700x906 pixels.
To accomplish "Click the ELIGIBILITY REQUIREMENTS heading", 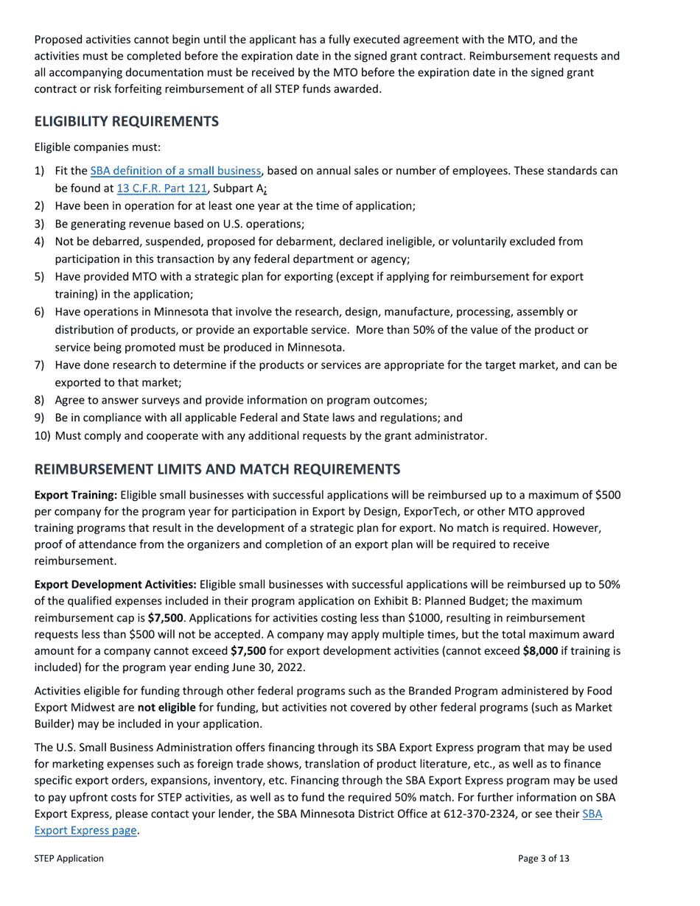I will coord(126,122).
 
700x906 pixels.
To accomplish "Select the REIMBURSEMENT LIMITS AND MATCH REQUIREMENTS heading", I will coord(217,468).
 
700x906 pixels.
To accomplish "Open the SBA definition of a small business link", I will coord(175,171).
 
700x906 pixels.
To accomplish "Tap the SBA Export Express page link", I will coord(86,830).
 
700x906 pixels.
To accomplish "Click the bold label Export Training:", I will coord(75,495).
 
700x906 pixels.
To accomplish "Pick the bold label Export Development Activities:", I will coord(115,584).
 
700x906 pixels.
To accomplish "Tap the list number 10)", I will coord(43,436).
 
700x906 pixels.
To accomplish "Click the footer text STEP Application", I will coord(69,858).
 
